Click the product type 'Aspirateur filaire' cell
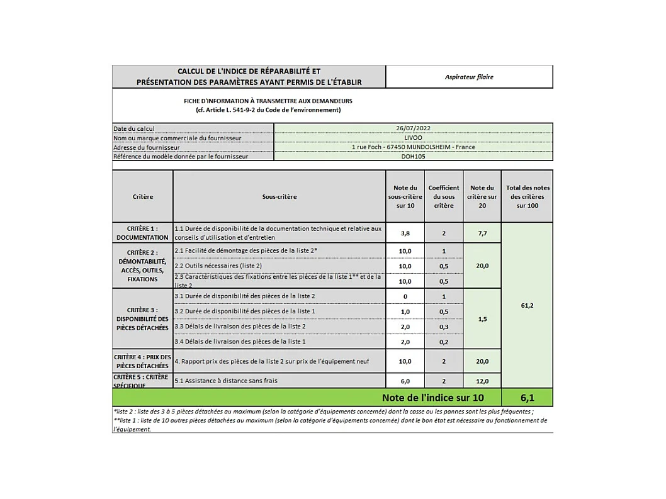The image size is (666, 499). [469, 77]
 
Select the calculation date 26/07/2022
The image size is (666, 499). [414, 128]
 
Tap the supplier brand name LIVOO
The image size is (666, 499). [414, 137]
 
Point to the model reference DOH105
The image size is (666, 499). [414, 156]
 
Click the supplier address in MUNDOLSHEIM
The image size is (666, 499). [414, 147]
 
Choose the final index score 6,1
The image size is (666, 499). [528, 398]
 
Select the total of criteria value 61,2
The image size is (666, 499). [528, 305]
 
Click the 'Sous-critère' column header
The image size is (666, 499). [279, 196]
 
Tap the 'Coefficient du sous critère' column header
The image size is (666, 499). [444, 196]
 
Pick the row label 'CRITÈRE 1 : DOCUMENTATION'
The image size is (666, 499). [143, 233]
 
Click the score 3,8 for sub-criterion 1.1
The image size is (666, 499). [405, 233]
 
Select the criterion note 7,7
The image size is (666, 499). [482, 233]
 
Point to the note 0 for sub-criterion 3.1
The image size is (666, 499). [405, 296]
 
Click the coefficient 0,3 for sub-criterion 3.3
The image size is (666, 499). [444, 327]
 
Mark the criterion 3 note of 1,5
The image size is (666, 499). [482, 319]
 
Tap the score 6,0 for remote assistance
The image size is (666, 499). [405, 381]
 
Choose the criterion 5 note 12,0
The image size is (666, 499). [482, 381]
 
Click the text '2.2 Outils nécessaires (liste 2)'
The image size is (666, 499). [218, 266]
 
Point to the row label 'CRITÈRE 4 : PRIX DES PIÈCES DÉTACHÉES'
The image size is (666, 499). [143, 361]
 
